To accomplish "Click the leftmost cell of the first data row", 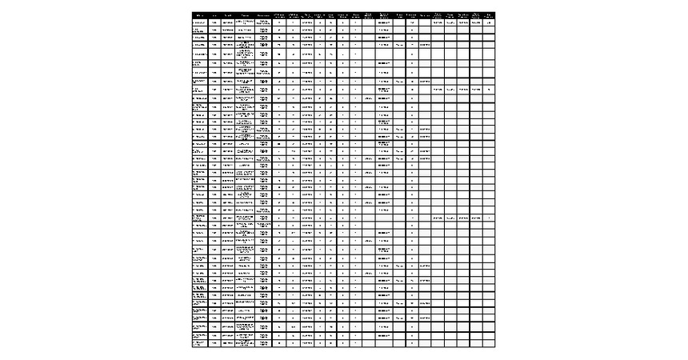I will tap(200, 22).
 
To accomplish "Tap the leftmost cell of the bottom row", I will tap(200, 344).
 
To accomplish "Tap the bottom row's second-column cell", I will tap(215, 344).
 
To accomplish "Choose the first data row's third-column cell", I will tap(228, 22).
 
